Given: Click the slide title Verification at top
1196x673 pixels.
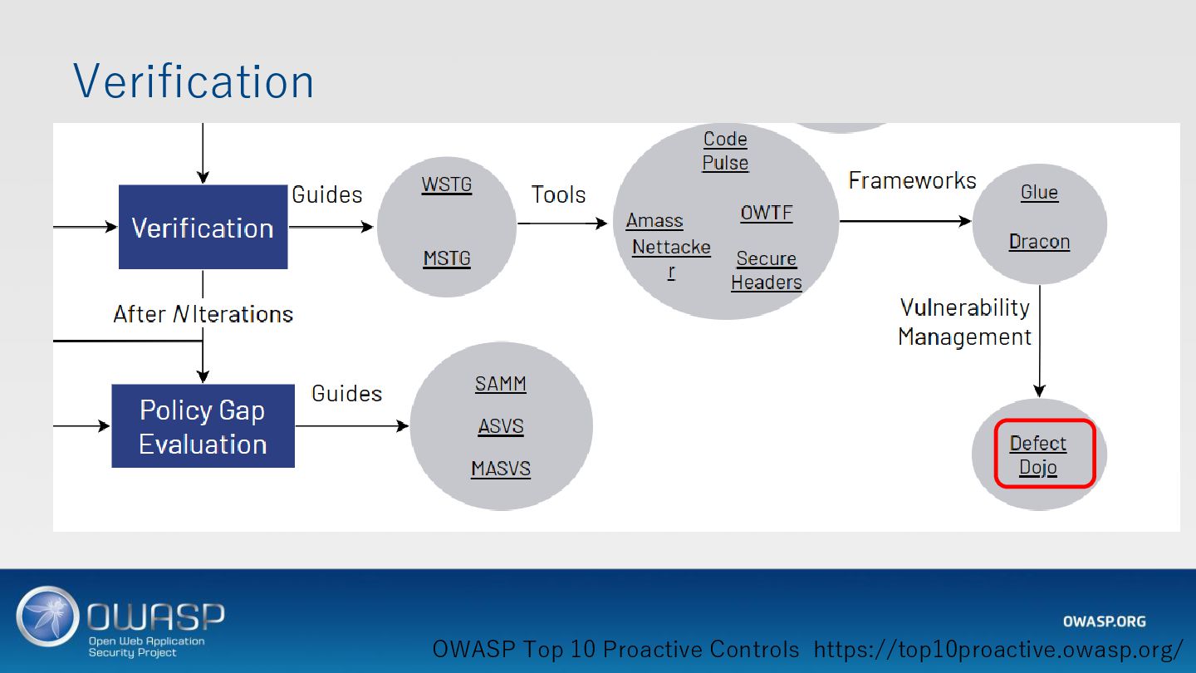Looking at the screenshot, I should coord(194,81).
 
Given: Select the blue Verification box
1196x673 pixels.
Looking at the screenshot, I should coord(203,227).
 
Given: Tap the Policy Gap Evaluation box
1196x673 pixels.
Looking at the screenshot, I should coord(203,426).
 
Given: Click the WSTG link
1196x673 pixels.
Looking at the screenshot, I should coord(447,184).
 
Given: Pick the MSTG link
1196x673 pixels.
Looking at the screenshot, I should coord(447,258).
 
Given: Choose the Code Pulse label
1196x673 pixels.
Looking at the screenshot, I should coord(725,150).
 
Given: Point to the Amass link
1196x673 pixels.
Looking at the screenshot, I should coord(654,220).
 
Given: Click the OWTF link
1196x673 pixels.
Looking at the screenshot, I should coord(767,213).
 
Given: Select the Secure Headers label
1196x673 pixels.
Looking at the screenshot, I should coord(767,270).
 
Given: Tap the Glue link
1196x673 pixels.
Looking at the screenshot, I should coord(1039,192).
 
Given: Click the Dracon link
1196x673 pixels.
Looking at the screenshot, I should coord(1039,242).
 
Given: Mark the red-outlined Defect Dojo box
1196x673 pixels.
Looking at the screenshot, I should coord(1045,454).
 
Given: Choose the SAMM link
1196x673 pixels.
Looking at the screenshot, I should coord(501,384).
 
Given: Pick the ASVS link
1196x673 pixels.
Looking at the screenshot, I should coord(501,426).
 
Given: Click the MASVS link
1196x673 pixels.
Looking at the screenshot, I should coord(501,469).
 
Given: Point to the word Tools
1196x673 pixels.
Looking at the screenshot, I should coord(558,194).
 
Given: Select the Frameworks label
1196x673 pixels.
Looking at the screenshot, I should coord(912,180).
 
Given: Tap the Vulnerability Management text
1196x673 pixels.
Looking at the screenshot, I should coord(964,322).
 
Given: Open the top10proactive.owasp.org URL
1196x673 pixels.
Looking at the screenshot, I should coord(998,649).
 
